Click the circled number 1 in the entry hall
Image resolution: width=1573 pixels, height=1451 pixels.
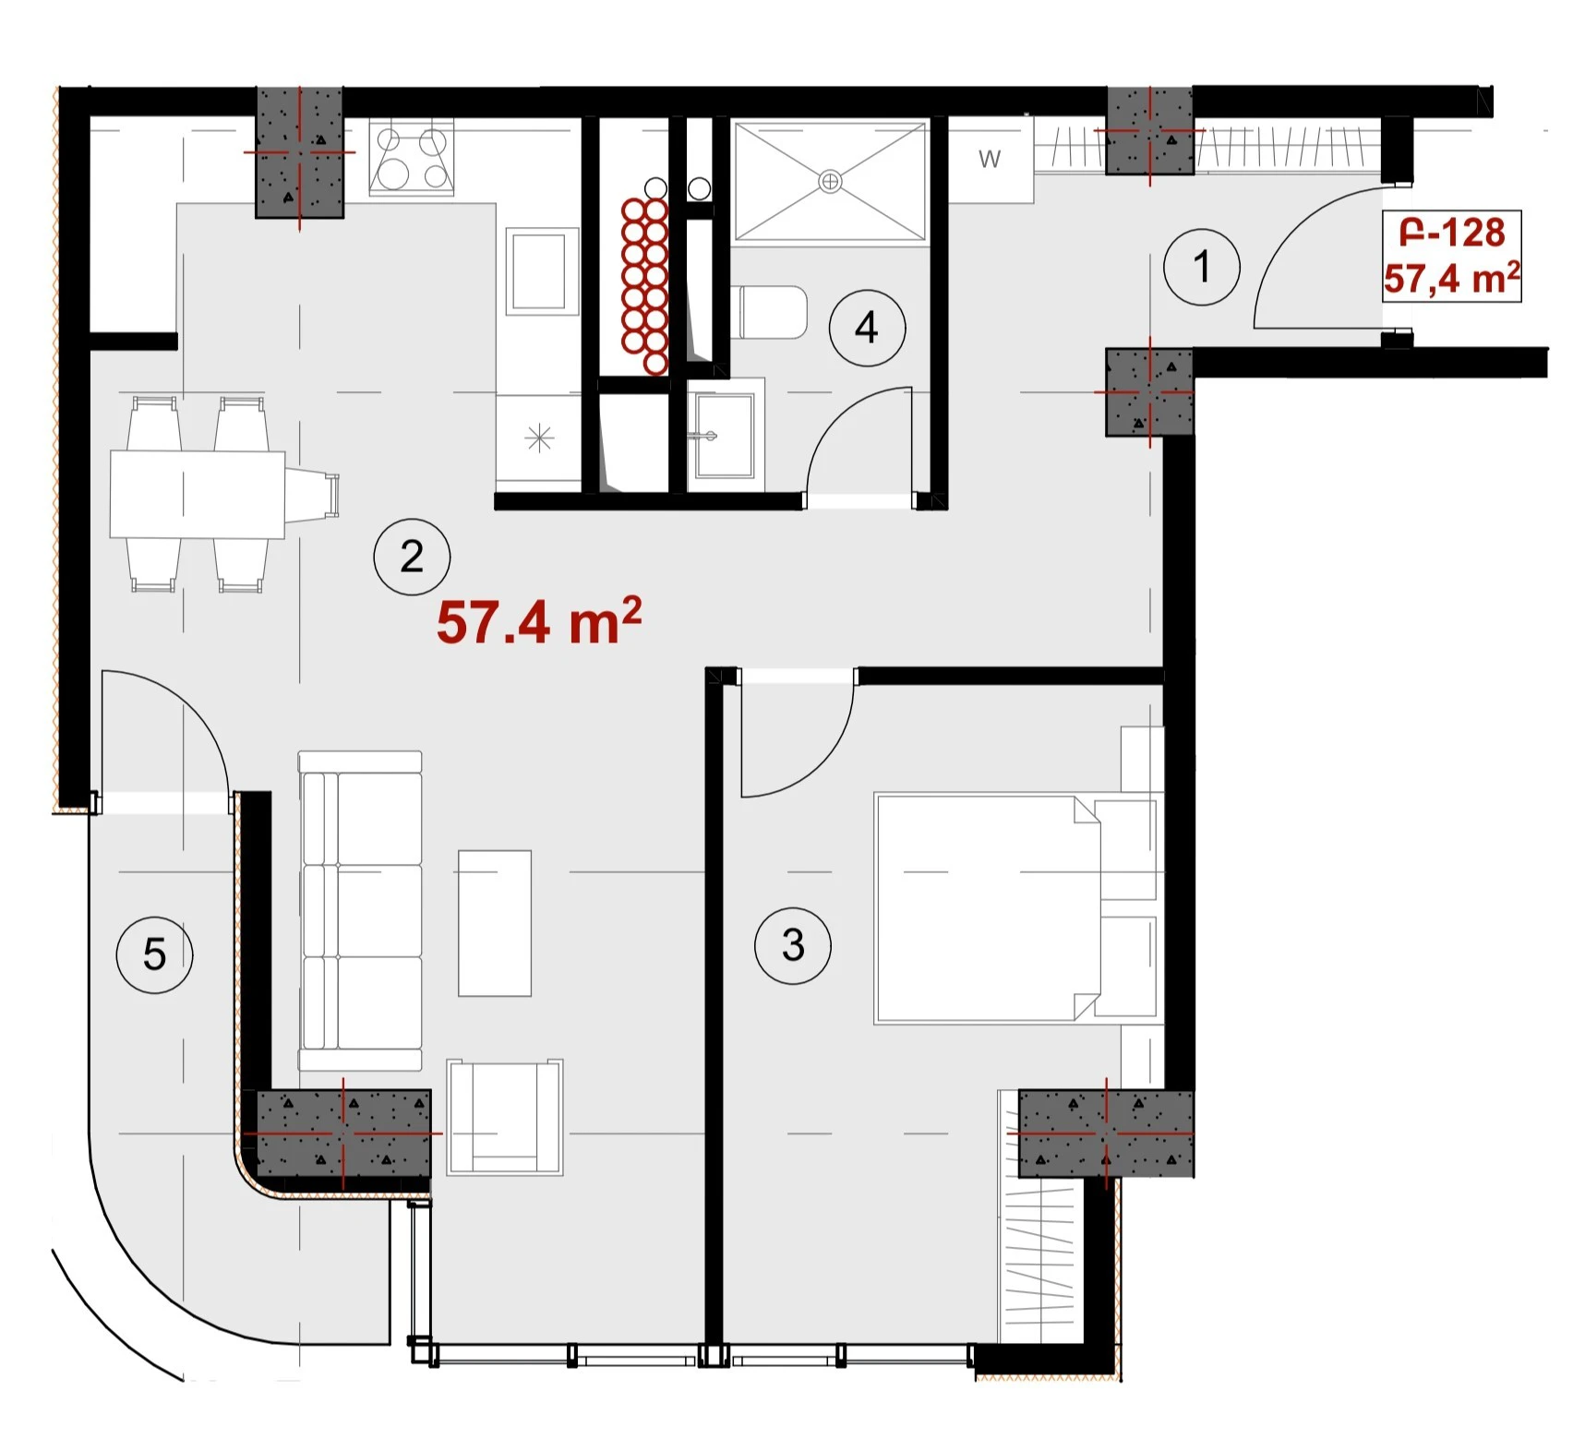coord(1201,268)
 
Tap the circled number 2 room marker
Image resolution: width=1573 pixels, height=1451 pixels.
coord(412,558)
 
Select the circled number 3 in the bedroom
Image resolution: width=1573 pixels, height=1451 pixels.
coord(793,946)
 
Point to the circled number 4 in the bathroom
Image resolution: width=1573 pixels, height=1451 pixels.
coord(867,328)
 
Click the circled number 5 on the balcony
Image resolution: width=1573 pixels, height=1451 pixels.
coord(154,954)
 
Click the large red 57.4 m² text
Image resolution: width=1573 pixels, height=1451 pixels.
coord(539,621)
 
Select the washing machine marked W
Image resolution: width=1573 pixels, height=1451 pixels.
coord(991,160)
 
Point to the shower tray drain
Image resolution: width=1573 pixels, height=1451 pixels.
coord(830,181)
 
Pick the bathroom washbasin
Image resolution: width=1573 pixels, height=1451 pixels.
coord(725,435)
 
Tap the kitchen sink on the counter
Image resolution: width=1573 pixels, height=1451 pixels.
coord(538,273)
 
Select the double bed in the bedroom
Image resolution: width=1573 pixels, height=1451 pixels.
coord(988,908)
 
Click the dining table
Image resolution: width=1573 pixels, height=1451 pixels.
coord(197,494)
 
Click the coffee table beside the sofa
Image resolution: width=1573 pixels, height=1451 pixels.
coord(495,923)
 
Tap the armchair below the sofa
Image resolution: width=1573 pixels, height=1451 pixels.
coord(505,1117)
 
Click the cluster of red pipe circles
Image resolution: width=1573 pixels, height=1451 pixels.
coord(644,286)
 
